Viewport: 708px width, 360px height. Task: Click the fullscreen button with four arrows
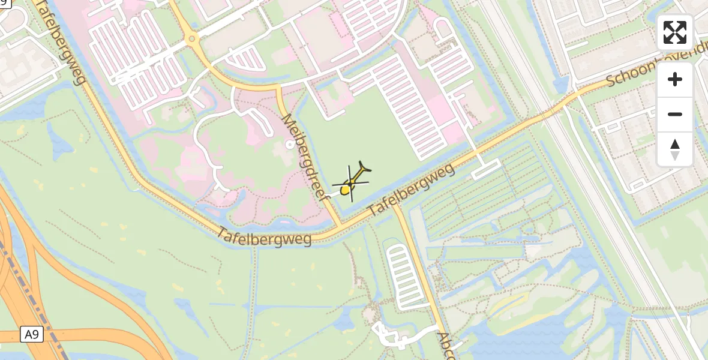point(675,32)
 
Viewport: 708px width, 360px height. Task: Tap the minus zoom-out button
point(675,114)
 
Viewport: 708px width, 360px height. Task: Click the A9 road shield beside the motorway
point(32,334)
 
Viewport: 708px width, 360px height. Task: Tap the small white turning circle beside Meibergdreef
point(290,144)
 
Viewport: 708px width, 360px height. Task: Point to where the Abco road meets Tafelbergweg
point(397,206)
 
